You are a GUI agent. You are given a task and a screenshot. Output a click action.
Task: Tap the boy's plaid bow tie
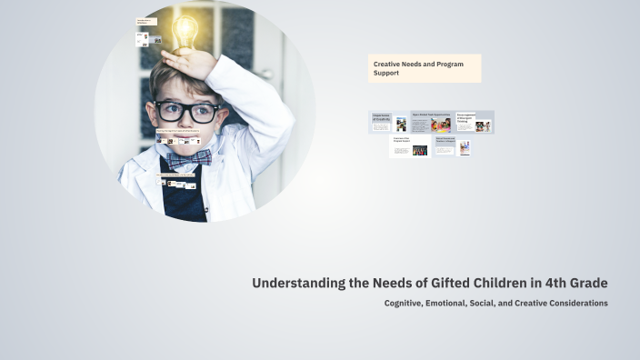coord(188,158)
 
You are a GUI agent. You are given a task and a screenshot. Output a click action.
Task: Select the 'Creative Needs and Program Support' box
coord(424,68)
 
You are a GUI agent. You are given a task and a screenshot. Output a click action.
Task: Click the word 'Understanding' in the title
coord(299,283)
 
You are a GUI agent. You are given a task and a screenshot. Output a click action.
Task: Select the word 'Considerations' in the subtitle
coord(577,303)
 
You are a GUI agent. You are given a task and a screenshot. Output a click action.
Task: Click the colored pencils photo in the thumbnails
coord(420,151)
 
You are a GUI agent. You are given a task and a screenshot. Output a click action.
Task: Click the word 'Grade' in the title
coord(589,283)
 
